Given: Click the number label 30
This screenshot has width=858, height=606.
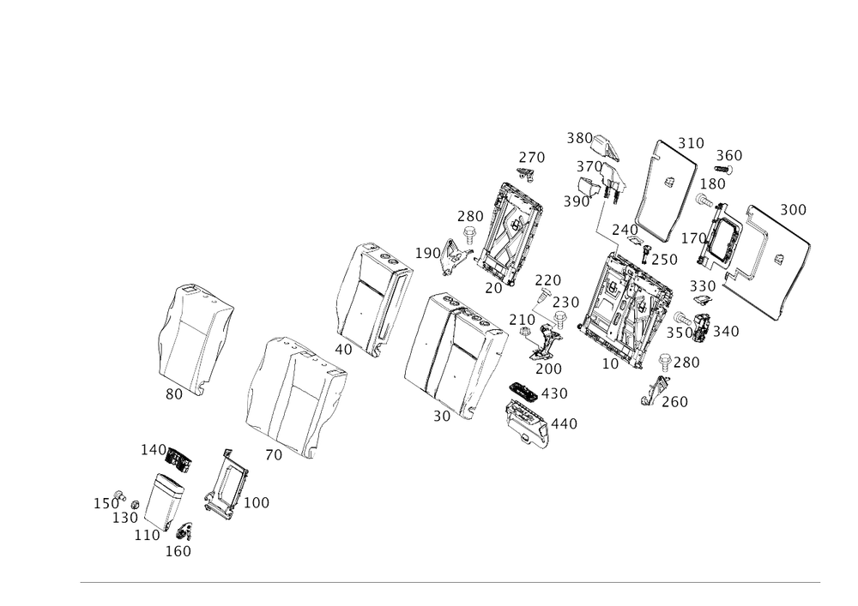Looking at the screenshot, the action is click(174, 393).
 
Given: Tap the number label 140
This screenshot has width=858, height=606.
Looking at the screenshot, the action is click(151, 448).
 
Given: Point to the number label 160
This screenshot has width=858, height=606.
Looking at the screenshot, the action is click(179, 550).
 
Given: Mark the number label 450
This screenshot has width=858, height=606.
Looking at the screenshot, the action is click(557, 393).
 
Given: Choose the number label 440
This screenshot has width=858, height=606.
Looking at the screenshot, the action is click(565, 423).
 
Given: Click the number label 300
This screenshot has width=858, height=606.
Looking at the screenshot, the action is click(793, 209).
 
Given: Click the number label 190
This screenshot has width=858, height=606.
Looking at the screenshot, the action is click(549, 369).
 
